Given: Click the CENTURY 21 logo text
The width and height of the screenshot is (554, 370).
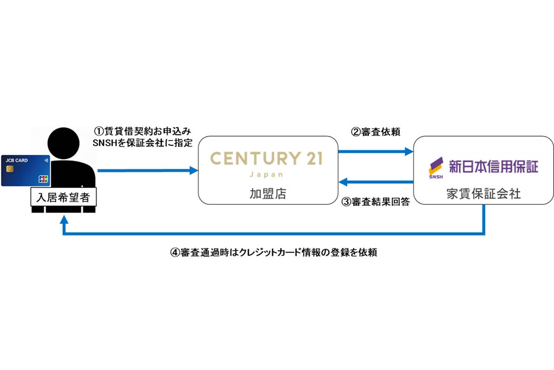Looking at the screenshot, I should [266, 159].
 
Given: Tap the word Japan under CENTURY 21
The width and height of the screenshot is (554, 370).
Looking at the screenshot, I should [266, 175].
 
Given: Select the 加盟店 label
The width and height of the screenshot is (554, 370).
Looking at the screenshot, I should [267, 193].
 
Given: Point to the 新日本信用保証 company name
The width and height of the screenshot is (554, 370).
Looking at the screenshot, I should [493, 166].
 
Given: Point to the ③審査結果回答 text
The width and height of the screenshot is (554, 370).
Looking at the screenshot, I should [375, 202].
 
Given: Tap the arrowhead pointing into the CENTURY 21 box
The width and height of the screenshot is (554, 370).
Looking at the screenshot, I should [194, 171].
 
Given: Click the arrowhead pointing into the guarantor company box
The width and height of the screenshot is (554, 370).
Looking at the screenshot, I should [409, 151].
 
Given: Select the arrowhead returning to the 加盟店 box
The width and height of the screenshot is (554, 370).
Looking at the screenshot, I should [343, 182].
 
